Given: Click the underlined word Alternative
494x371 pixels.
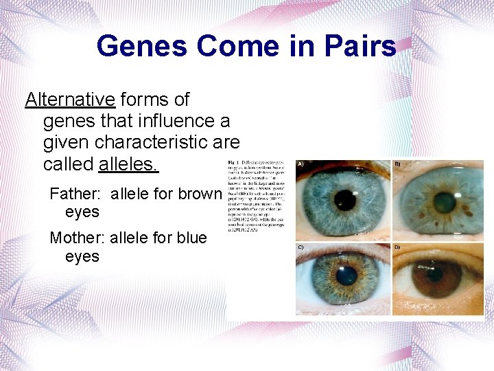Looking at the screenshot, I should click(70, 100).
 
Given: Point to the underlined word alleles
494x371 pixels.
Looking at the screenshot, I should click(129, 164).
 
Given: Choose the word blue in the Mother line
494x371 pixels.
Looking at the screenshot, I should click(191, 238).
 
